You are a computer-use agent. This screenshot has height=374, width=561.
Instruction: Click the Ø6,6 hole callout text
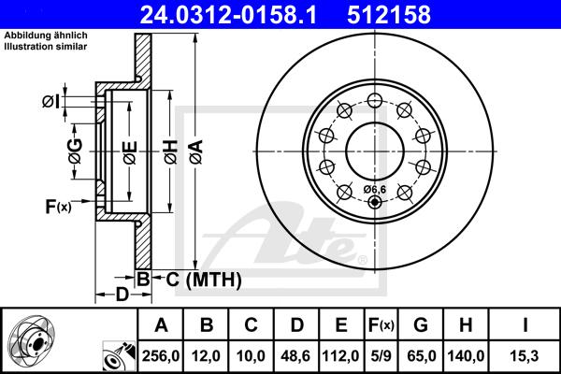coord(373,190)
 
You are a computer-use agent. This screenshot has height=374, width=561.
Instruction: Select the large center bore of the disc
coord(374,150)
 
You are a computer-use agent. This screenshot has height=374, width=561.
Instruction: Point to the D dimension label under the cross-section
coord(122,295)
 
